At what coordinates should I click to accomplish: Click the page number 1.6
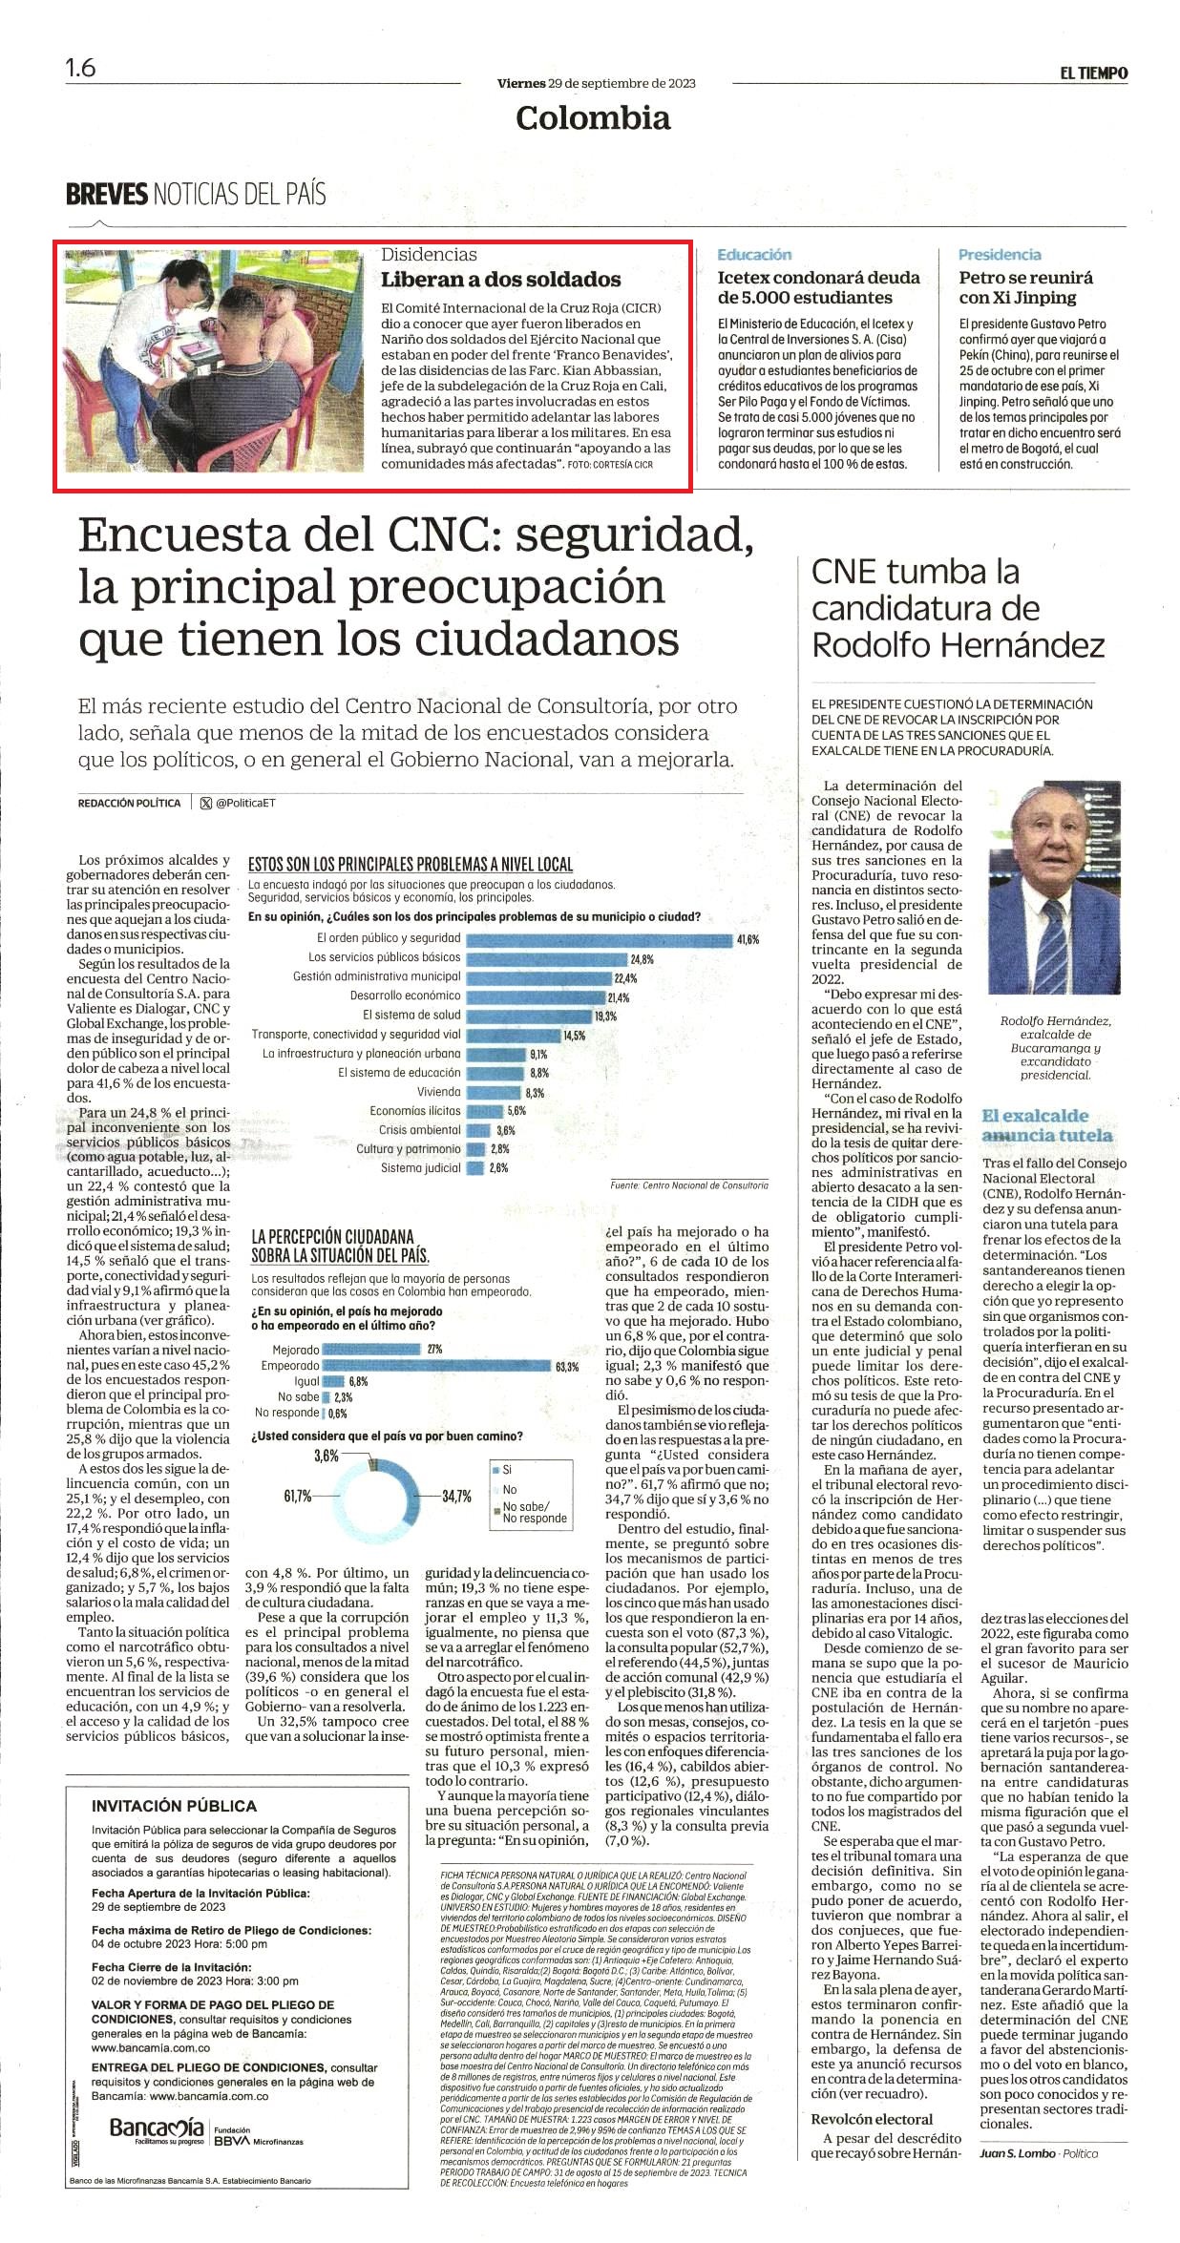80,69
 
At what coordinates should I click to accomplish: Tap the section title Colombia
593,117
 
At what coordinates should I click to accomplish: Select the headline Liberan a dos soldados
501,280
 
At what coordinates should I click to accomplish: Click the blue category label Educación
754,255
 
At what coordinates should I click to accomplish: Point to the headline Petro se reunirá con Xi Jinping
1026,287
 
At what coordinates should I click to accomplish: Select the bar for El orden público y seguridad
599,939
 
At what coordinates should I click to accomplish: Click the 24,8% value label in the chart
642,959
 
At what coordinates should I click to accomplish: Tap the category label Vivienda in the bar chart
438,1092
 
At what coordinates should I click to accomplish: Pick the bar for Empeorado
437,1366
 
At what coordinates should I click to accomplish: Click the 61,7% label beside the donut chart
297,1496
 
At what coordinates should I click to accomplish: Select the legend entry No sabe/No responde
528,1513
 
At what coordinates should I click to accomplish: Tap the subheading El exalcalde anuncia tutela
1047,1125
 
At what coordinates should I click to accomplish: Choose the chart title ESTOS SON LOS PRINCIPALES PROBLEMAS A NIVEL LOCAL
411,865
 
